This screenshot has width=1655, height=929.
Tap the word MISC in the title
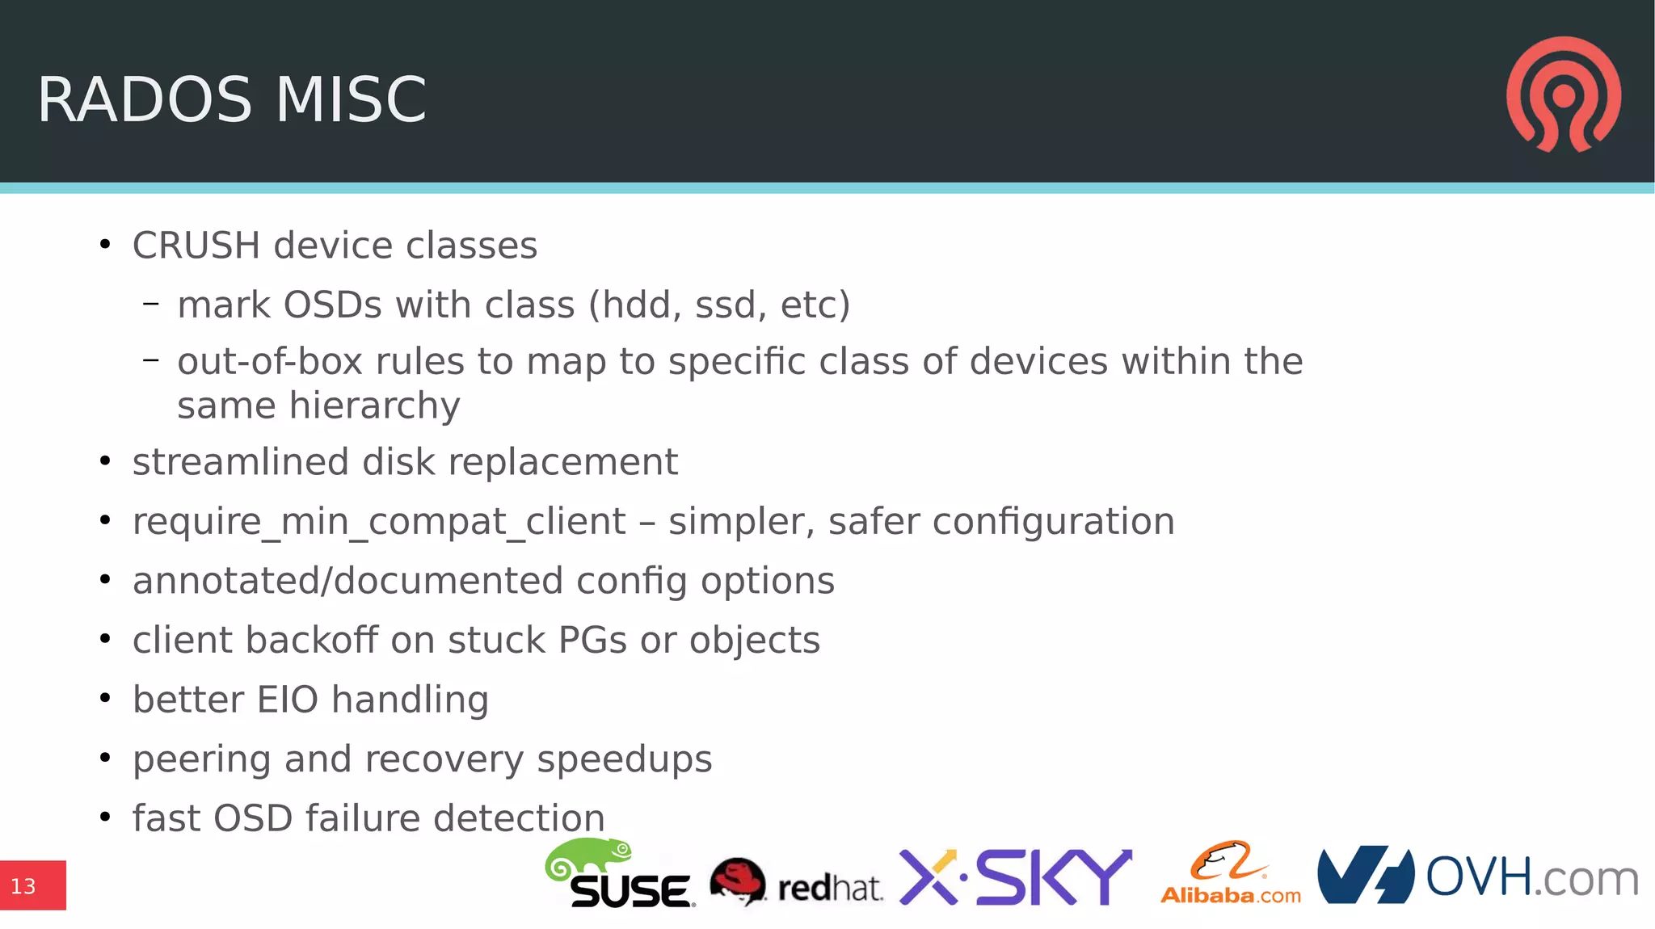(x=351, y=100)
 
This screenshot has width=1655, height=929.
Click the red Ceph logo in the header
(x=1563, y=94)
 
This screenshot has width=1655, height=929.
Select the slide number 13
(x=23, y=886)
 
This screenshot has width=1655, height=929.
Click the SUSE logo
(x=621, y=876)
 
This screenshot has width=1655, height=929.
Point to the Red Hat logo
(x=796, y=882)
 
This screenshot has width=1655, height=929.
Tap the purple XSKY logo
(x=1015, y=877)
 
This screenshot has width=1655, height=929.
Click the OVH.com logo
(x=1477, y=876)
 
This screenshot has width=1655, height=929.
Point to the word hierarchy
(x=374, y=406)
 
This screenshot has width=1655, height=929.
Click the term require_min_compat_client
(x=379, y=522)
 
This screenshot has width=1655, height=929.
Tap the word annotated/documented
(x=347, y=582)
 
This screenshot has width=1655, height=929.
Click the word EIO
(x=288, y=700)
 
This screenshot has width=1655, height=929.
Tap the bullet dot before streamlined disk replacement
(x=105, y=461)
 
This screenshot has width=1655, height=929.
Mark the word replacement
(x=562, y=463)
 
